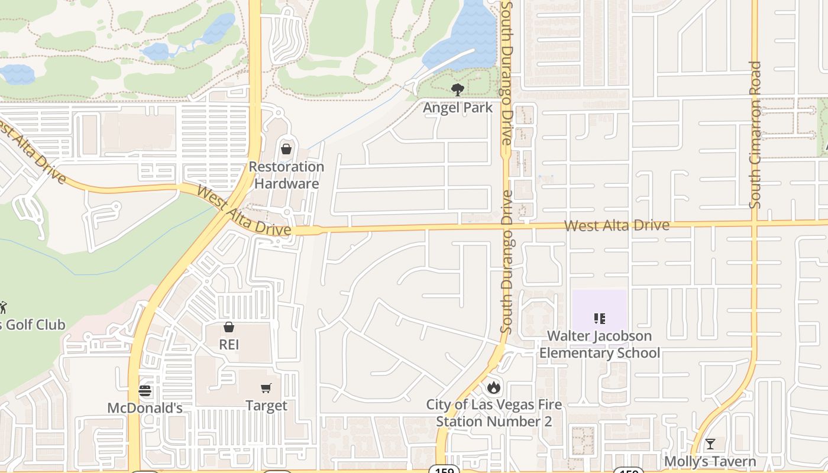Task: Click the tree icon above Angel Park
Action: coord(457,90)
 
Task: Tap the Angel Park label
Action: coord(457,108)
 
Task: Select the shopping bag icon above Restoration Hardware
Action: coord(286,148)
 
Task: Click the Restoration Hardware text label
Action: coord(286,175)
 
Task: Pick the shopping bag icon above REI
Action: coord(229,327)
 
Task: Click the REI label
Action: coord(229,344)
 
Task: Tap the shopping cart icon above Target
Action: coord(266,388)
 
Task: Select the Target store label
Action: coord(266,406)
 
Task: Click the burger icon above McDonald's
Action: coord(145,391)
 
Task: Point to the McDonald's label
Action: coord(145,408)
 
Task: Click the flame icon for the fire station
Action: coord(494,388)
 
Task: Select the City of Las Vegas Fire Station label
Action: coord(494,413)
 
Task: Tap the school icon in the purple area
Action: coord(600,319)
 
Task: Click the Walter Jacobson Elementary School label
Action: coord(600,344)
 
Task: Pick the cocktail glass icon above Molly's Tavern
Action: coord(710,444)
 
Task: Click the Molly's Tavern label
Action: coord(710,461)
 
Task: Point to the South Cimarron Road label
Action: coord(755,135)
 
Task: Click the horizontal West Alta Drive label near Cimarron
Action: coord(616,225)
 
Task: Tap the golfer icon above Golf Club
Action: coord(3,307)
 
